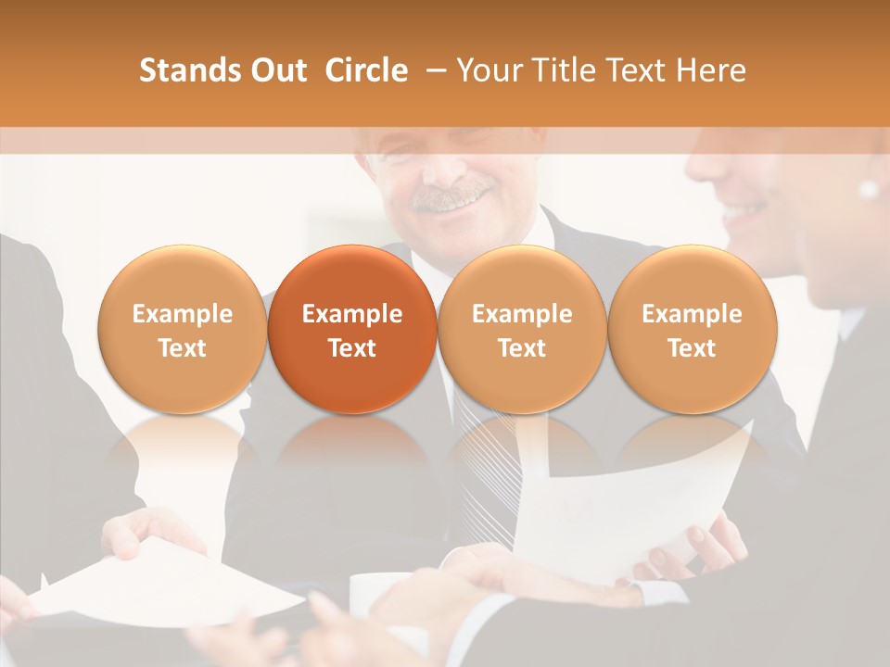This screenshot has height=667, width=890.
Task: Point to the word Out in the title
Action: pos(278,70)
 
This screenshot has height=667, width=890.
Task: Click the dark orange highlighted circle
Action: pos(352,330)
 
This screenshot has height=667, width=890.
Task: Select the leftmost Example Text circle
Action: pos(183,330)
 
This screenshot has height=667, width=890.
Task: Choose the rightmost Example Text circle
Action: pos(693,330)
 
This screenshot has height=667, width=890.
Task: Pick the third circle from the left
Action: pos(522,330)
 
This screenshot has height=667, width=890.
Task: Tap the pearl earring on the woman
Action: pos(869,190)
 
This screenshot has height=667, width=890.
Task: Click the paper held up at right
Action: pos(640,500)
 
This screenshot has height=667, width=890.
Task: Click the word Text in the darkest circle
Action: pos(352,348)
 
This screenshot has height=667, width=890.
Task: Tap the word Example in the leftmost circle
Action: pos(183,314)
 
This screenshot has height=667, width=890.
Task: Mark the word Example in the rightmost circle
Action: pos(693,314)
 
